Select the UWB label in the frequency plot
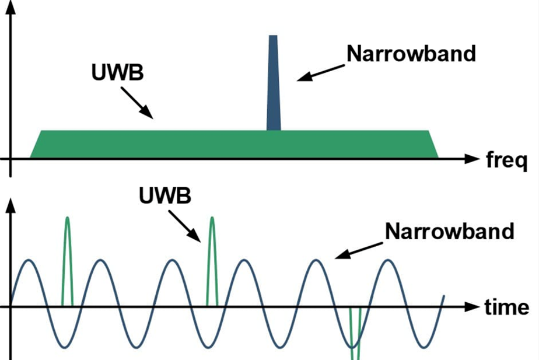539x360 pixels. (118, 72)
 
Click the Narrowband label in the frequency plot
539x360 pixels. (411, 54)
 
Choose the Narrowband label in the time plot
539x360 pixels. (449, 231)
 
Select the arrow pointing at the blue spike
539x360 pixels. (320, 73)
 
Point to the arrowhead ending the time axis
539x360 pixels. (472, 306)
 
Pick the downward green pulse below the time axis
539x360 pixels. (355, 335)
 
